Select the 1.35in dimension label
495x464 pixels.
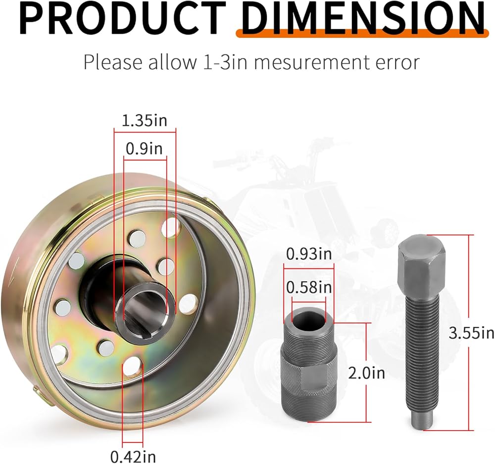pos(144,121)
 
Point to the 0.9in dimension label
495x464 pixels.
pos(144,149)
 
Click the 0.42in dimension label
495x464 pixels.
pos(133,456)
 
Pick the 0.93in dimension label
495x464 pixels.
pos(309,254)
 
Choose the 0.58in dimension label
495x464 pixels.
pos(309,287)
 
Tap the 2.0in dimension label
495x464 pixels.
pos(366,373)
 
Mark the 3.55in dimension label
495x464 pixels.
pos(472,333)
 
